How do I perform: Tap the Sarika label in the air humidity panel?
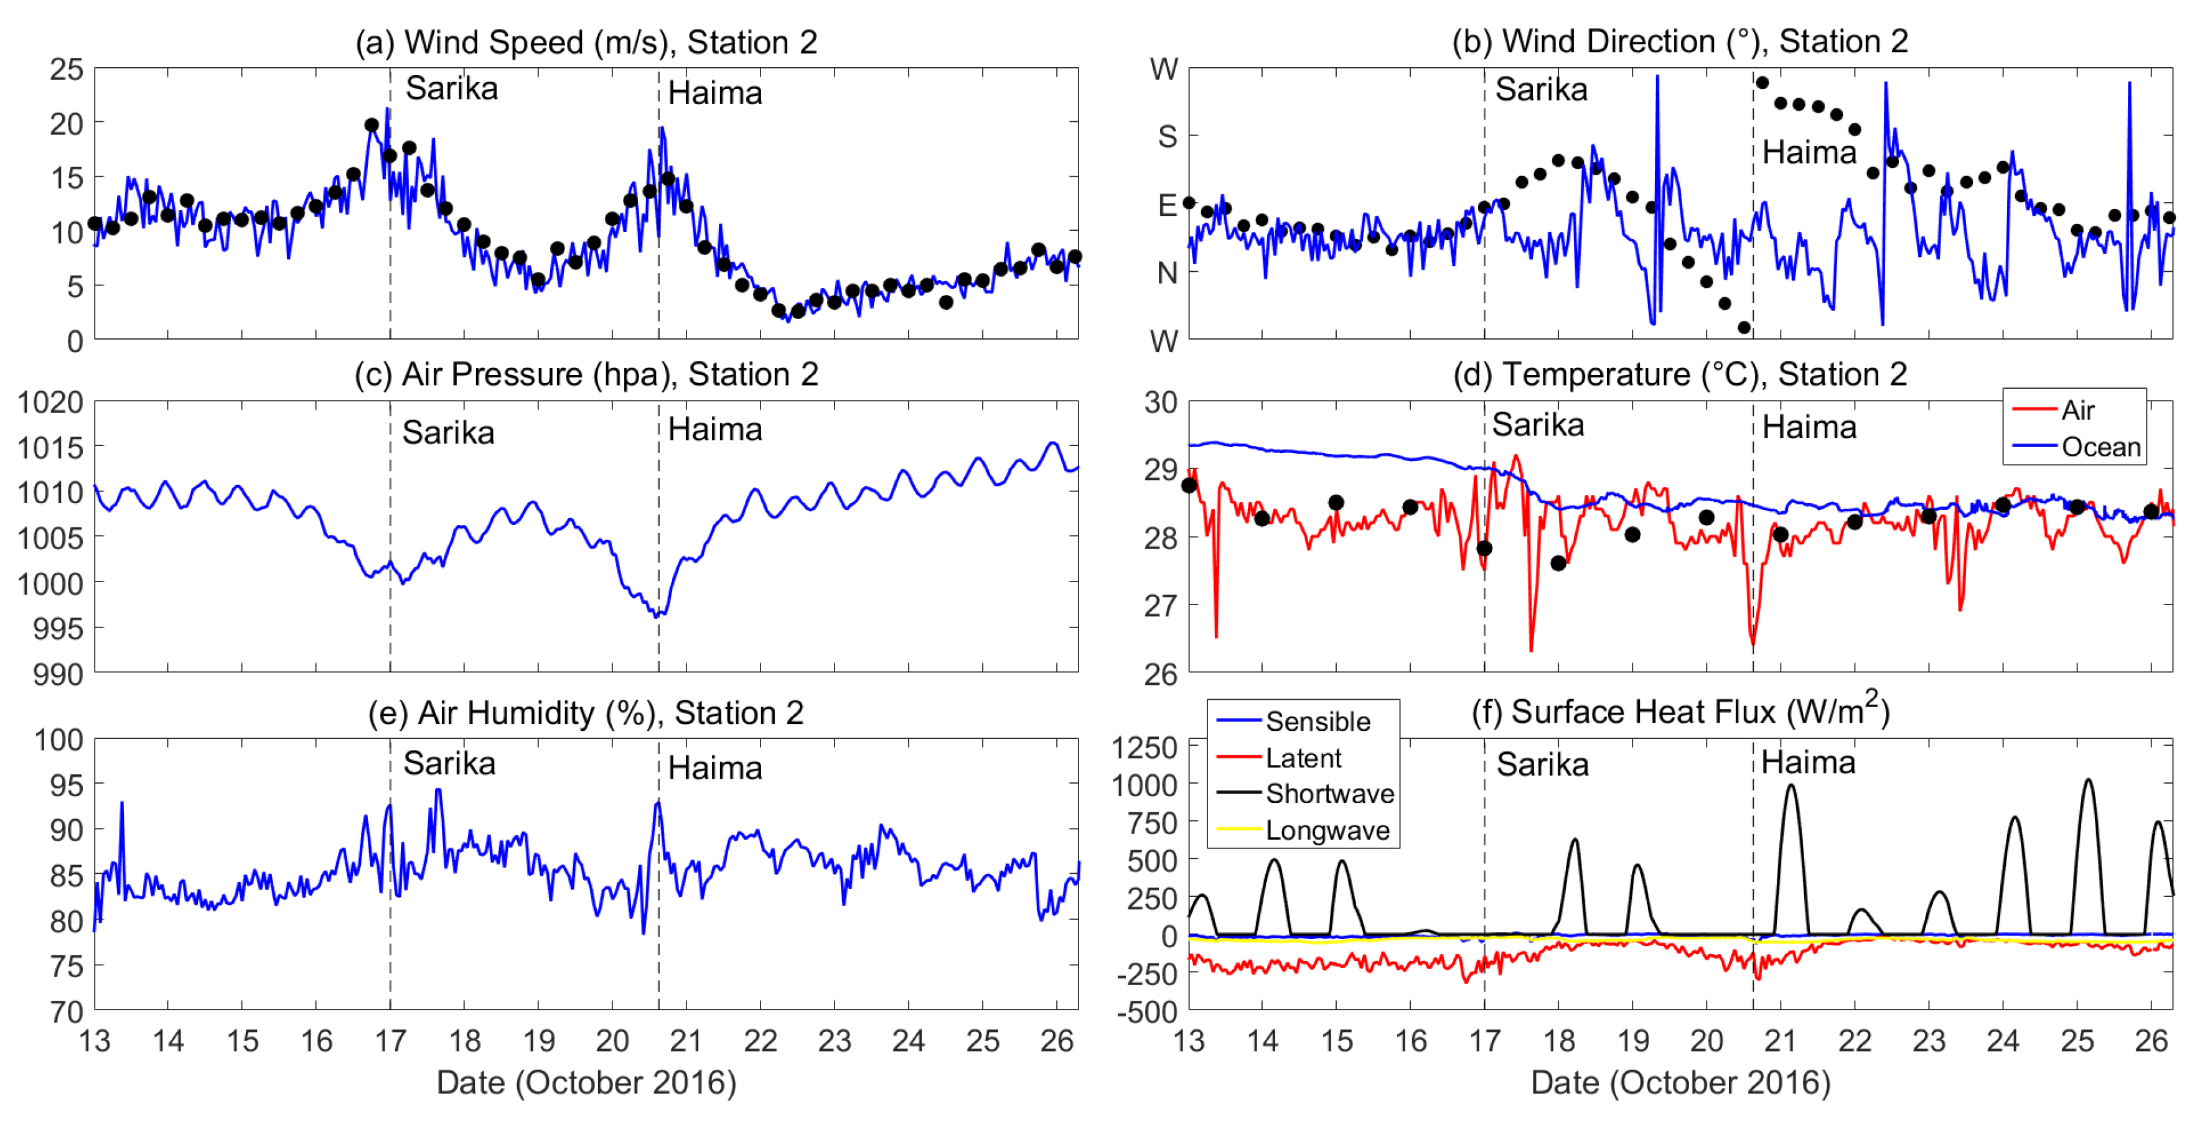[x=449, y=763]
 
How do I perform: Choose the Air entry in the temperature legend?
[x=2077, y=410]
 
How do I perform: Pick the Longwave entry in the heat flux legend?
[x=1327, y=830]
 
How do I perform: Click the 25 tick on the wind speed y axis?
[x=66, y=69]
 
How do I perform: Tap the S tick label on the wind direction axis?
[x=1167, y=136]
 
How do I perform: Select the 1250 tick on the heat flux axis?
[x=1145, y=747]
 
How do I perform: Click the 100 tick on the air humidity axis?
[x=59, y=740]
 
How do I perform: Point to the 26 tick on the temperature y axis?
[x=1161, y=674]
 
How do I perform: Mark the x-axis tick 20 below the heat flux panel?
[x=1706, y=1041]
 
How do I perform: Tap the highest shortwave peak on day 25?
[x=2088, y=779]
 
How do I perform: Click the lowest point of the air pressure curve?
[x=656, y=615]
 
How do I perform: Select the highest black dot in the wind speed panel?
[x=372, y=125]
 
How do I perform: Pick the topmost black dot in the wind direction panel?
[x=1762, y=82]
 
